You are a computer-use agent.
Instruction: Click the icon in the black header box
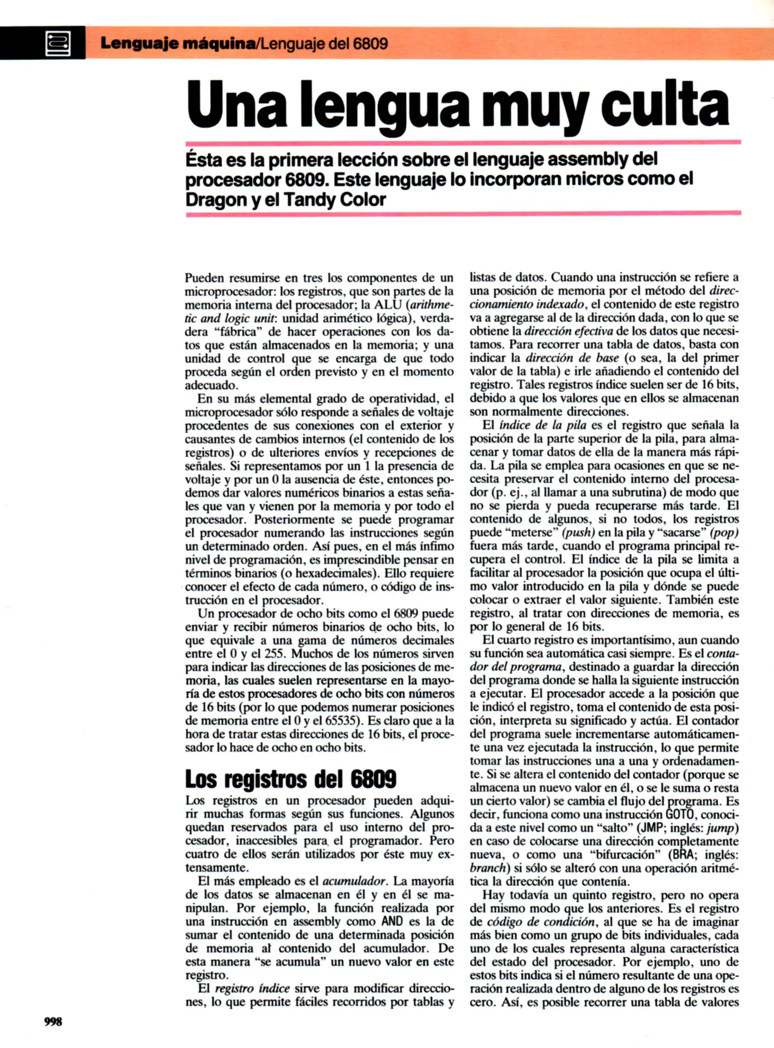[58, 43]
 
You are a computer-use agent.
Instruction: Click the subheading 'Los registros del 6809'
[290, 779]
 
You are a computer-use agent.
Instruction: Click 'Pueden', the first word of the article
[204, 278]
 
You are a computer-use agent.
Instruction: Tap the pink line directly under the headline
[463, 143]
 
